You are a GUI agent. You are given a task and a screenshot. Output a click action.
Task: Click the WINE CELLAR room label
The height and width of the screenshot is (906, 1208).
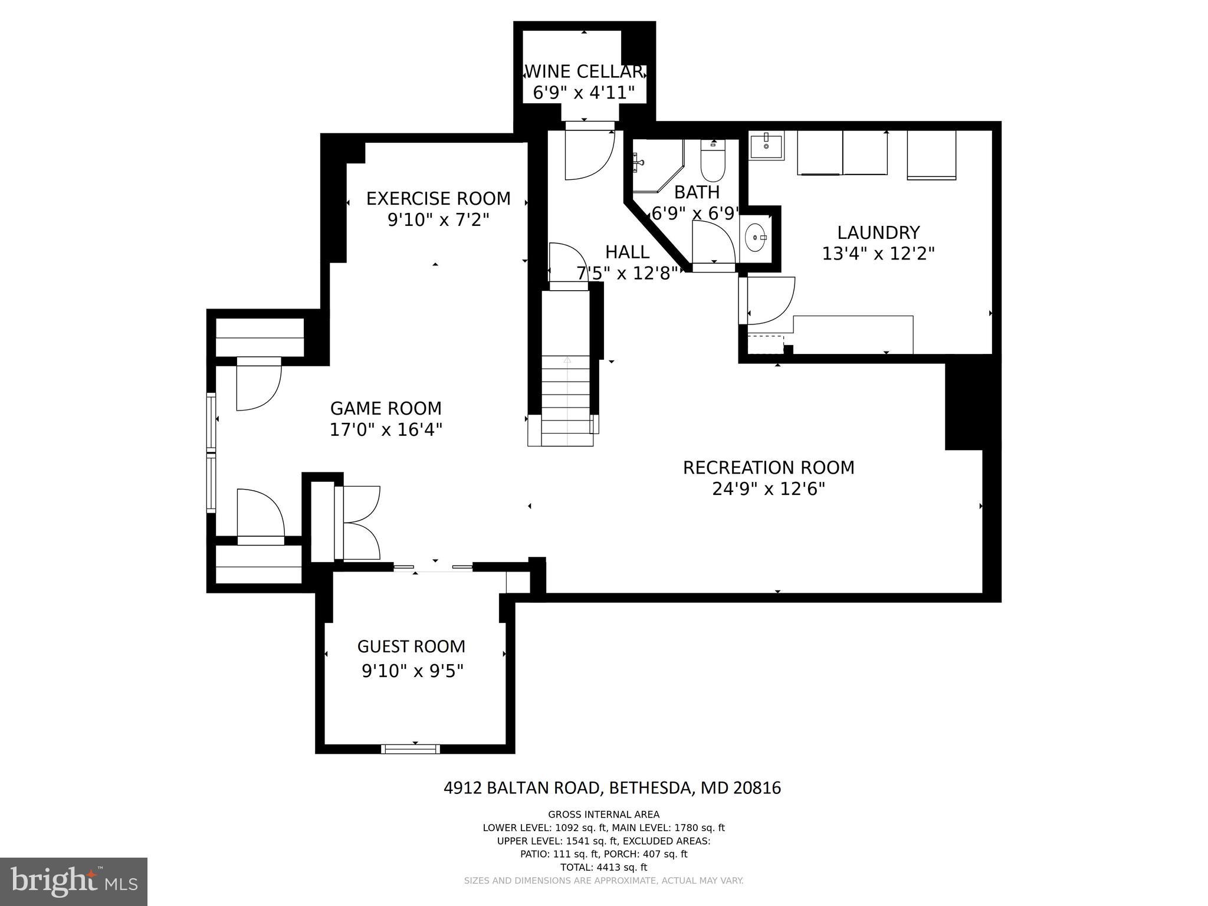coord(583,71)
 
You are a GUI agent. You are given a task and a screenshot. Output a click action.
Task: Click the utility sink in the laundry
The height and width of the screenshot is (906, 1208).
coord(766,145)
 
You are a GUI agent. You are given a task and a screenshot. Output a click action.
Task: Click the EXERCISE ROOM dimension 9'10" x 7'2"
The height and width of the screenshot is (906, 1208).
coord(438,220)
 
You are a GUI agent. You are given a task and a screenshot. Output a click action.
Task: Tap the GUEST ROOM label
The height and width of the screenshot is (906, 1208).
coord(411,646)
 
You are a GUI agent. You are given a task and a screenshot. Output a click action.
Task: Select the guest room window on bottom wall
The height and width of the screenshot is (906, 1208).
coord(411,749)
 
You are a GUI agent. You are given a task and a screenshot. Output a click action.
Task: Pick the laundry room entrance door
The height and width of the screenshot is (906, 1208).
coord(769,300)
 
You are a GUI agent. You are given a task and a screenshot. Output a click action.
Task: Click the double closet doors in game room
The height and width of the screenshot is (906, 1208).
coord(359,523)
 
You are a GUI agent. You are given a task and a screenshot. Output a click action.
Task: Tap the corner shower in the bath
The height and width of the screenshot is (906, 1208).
coord(655,166)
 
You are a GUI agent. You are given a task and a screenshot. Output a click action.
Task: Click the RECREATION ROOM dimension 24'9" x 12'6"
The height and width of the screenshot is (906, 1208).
coord(768,489)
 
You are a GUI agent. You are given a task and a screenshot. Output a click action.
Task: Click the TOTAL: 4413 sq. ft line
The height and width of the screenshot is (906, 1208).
coord(603,867)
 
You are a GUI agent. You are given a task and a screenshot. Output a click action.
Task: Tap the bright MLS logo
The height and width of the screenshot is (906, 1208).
coord(74,881)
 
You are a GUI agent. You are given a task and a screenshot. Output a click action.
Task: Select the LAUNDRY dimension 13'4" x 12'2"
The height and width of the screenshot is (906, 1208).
coord(878,254)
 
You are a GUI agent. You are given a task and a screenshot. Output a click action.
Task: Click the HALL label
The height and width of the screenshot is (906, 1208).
coord(627,252)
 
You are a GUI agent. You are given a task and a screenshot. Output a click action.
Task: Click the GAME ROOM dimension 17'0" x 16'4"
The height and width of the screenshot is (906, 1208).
coord(386,429)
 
